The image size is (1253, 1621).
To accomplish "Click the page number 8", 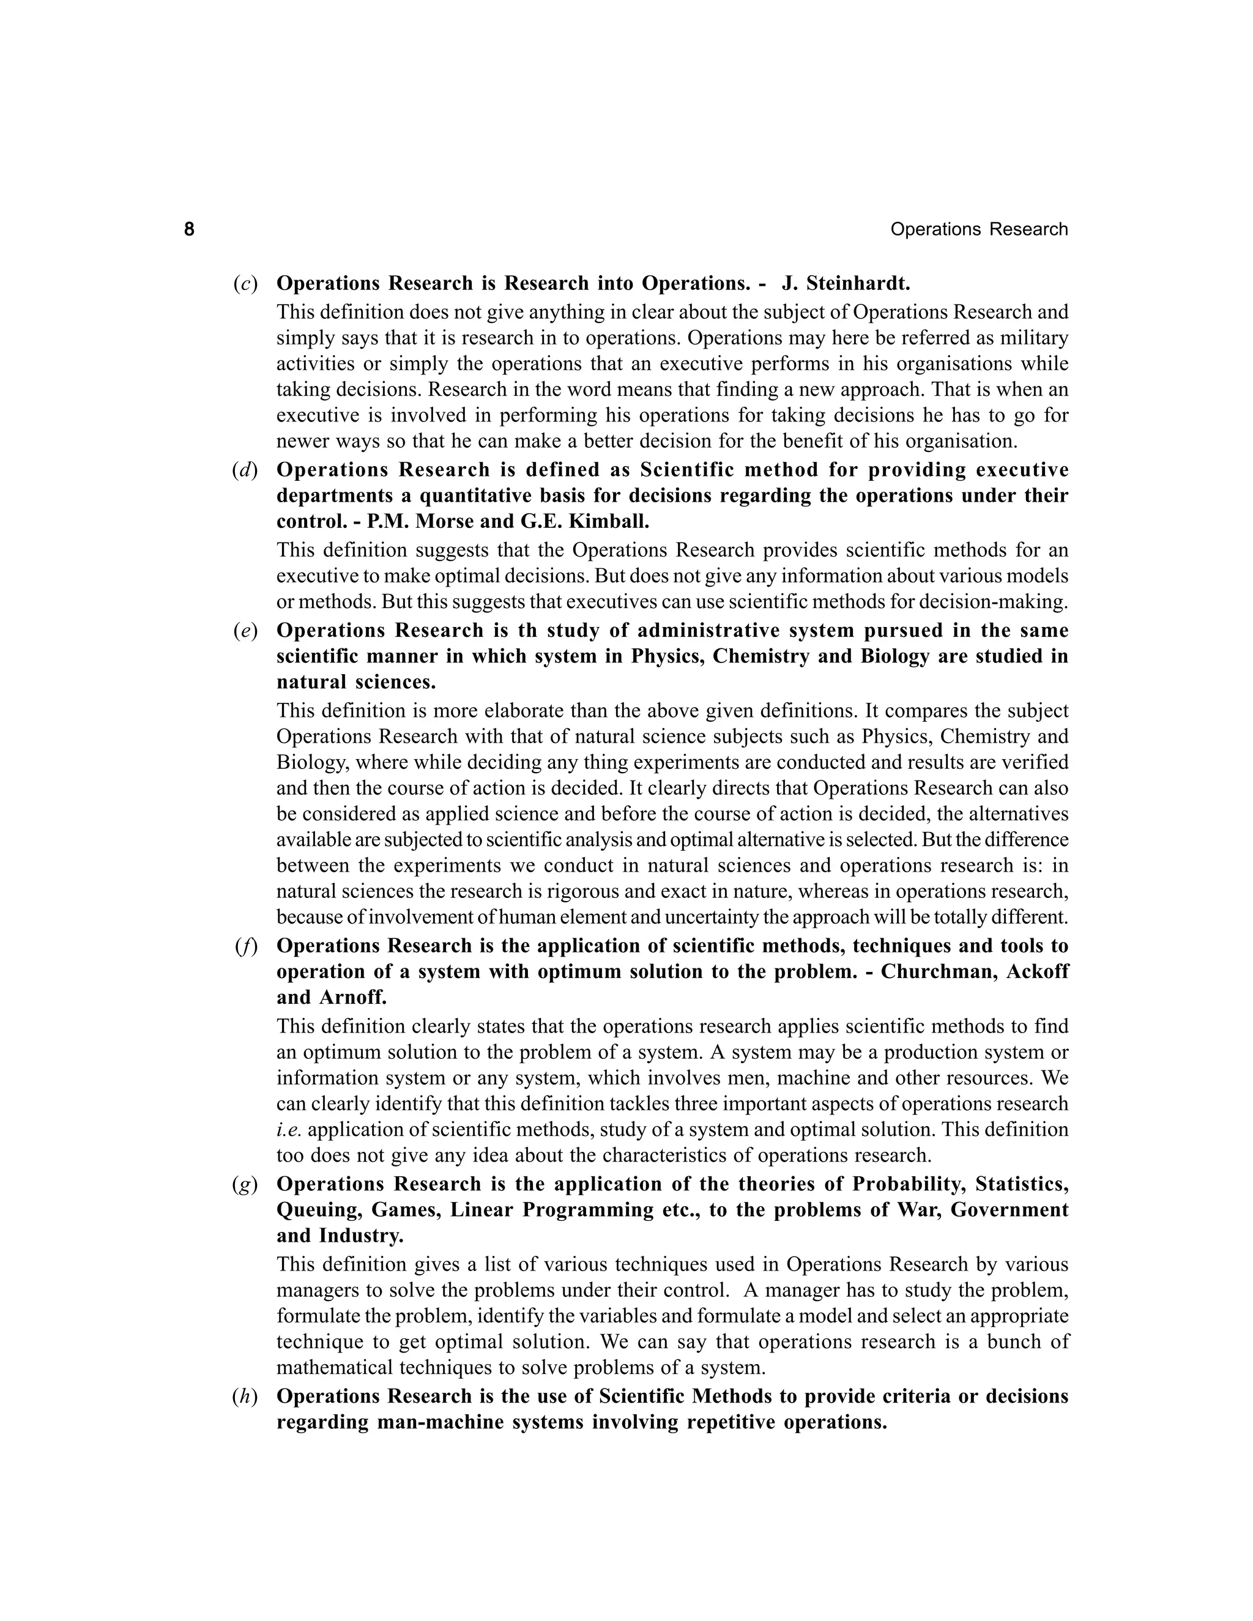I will click(189, 229).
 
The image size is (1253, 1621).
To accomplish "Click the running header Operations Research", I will click(978, 229).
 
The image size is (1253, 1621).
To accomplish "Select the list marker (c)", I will click(245, 284).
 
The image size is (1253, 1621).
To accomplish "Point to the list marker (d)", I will click(245, 470).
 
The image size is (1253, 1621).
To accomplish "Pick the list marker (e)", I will click(245, 631).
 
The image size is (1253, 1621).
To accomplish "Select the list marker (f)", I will click(245, 946).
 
